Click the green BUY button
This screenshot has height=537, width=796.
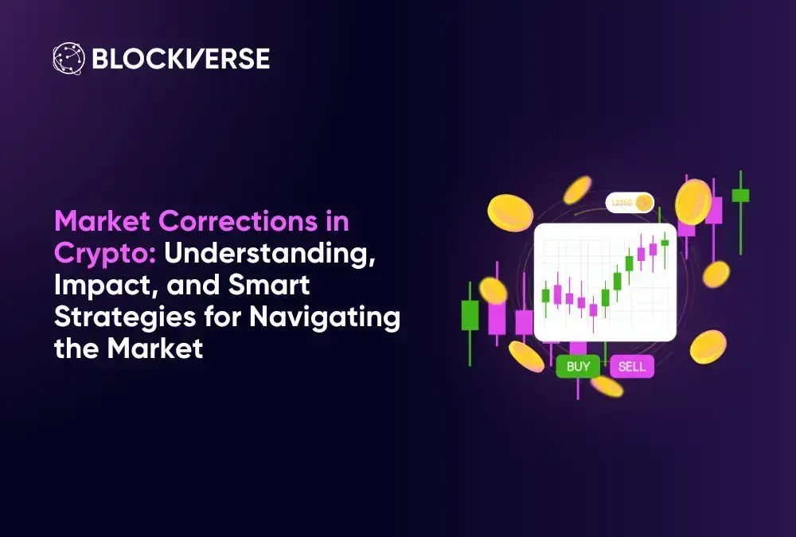coord(578,366)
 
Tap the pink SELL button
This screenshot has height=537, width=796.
coord(631,366)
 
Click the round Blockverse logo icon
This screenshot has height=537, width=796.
coord(69,58)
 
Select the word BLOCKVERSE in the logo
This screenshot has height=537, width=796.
coord(181,59)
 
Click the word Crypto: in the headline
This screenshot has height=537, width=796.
coord(105,253)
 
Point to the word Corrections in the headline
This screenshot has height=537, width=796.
coord(237,221)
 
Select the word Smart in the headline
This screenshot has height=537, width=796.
coord(268,285)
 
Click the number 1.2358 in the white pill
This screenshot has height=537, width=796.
coord(622,203)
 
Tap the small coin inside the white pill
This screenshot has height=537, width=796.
coord(644,203)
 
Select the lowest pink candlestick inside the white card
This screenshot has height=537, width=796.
coord(593,309)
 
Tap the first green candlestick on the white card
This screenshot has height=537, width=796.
coord(546,296)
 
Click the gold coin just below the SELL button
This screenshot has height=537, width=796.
coord(607,387)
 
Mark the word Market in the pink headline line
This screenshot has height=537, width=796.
coord(102,221)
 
